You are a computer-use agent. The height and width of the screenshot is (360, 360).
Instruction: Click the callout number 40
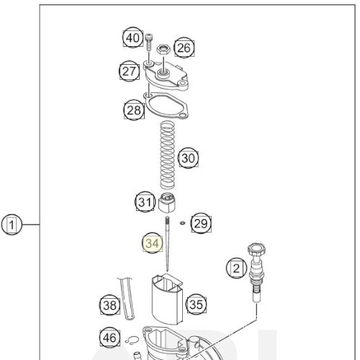(133, 38)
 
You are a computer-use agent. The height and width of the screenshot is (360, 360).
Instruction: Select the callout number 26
(184, 48)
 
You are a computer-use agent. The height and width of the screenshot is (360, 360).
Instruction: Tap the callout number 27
(130, 71)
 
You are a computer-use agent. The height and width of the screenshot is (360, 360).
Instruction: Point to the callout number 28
(134, 110)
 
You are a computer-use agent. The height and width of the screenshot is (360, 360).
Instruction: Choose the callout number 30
(189, 158)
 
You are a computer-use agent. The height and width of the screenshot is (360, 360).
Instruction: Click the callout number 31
(145, 202)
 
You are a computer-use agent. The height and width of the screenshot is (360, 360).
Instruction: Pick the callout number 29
(201, 223)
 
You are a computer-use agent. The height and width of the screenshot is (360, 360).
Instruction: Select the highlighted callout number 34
(153, 243)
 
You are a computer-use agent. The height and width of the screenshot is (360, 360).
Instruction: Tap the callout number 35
(197, 305)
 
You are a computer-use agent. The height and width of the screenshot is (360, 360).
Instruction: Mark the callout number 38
(110, 305)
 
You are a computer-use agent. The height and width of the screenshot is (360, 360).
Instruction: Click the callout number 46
(109, 338)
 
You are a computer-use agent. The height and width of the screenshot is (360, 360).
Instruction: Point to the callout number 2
(236, 268)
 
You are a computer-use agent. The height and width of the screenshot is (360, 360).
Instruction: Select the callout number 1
(12, 225)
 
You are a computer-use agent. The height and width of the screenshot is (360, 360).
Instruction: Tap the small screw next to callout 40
(149, 42)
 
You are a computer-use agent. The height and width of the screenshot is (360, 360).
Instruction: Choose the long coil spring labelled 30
(167, 155)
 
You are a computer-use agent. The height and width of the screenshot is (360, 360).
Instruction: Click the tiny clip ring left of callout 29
(182, 223)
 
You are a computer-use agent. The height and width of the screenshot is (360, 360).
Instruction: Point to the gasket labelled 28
(166, 106)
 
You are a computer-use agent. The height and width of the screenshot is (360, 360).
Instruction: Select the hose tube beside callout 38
(126, 299)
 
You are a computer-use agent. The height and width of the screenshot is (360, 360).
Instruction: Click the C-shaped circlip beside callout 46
(132, 341)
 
